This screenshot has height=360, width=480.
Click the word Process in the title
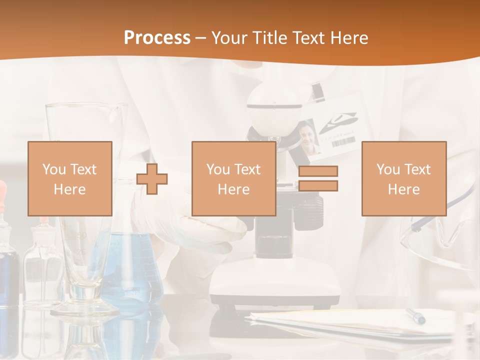157,37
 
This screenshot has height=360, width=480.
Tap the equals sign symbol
318,178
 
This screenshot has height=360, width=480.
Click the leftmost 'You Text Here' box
69,178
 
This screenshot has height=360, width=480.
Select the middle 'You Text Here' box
233,178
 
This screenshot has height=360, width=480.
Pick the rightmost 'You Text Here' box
403,178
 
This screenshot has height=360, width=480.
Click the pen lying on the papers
415,315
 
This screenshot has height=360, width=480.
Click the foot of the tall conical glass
84,307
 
